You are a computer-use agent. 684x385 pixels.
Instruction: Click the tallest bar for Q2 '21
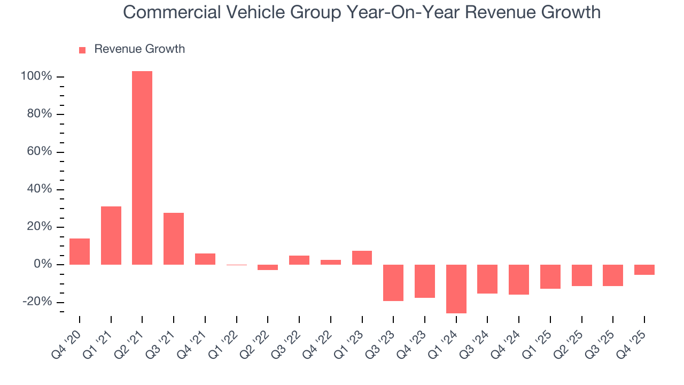click(142, 168)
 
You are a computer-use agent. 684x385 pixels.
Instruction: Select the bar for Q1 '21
click(111, 235)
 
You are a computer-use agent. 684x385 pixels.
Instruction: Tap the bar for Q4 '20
click(80, 251)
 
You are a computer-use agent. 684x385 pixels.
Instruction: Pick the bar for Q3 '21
click(174, 238)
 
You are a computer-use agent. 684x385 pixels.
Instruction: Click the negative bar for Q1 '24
click(456, 289)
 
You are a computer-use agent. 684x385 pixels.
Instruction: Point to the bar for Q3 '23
click(393, 283)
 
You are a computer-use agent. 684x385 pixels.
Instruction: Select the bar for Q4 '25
click(644, 269)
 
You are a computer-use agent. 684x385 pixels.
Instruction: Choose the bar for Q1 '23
click(362, 258)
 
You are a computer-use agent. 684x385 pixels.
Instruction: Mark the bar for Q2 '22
click(268, 267)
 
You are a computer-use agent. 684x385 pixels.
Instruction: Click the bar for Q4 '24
click(519, 280)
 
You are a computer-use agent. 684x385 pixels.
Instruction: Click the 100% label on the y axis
click(36, 76)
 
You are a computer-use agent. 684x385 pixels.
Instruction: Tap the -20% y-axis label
click(37, 302)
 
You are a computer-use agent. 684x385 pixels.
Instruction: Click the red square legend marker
click(82, 50)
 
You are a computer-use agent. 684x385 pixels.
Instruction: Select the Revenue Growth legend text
click(139, 49)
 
